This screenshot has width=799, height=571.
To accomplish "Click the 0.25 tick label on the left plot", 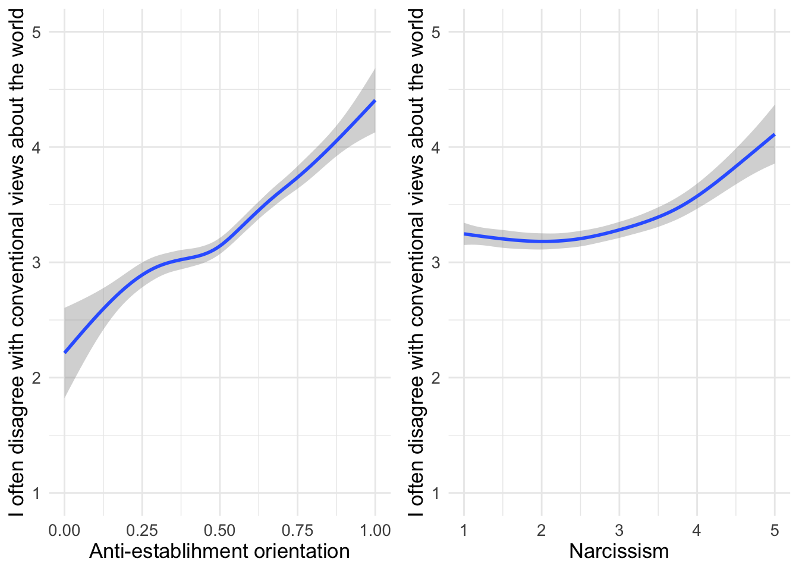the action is (x=142, y=531).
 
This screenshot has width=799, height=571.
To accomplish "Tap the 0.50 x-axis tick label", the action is (x=219, y=531).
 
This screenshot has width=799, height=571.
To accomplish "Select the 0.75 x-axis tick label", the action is (x=297, y=531).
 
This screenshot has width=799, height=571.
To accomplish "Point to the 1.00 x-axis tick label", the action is (x=375, y=531).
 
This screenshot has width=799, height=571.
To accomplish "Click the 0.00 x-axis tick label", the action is (x=64, y=531).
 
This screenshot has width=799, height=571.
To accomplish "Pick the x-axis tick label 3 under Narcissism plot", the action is (x=619, y=531).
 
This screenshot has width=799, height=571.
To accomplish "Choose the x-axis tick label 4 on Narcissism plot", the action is (x=697, y=531).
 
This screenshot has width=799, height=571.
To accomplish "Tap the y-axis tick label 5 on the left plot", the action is (x=36, y=32).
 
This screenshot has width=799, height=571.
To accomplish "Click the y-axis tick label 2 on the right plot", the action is (x=436, y=378).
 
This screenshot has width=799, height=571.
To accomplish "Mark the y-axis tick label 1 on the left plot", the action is (x=36, y=493).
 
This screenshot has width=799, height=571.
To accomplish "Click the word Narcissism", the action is (x=619, y=551).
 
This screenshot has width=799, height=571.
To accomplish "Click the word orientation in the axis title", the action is (x=302, y=551).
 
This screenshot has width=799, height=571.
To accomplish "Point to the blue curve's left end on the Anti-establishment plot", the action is (x=65, y=353).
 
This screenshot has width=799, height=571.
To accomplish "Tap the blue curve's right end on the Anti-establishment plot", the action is (x=375, y=101).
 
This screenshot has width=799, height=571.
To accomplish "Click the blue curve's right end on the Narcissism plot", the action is (x=775, y=134).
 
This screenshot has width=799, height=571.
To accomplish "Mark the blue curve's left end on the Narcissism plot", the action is (x=464, y=234).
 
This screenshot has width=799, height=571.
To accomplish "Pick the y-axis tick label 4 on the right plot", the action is (x=436, y=148).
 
